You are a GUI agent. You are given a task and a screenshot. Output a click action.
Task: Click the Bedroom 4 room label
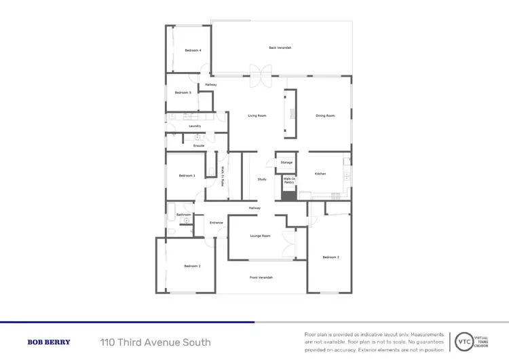tap(193, 50)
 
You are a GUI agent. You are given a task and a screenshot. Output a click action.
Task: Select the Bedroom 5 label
tap(183, 92)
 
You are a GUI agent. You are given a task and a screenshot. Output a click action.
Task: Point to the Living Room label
tap(257, 115)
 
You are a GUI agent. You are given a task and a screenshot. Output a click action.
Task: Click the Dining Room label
tap(325, 115)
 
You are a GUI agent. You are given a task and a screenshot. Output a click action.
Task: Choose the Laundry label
tap(195, 126)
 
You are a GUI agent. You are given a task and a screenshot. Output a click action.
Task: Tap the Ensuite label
tap(199, 146)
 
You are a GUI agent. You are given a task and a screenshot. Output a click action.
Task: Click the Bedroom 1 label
tap(187, 175)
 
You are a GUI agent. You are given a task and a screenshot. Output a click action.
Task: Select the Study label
tap(261, 179)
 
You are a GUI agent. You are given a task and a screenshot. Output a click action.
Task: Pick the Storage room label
tap(286, 163)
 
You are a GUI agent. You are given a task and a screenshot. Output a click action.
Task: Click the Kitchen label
tap(320, 174)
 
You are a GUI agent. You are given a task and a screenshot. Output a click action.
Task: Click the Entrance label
tap(216, 223)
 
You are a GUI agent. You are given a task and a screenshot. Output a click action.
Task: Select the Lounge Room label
tap(261, 236)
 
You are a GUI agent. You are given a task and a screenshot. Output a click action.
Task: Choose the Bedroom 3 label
tap(331, 257)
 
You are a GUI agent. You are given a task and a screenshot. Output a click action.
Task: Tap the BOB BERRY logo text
tap(48, 342)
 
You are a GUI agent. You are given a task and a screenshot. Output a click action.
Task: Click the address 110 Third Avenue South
tap(155, 342)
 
